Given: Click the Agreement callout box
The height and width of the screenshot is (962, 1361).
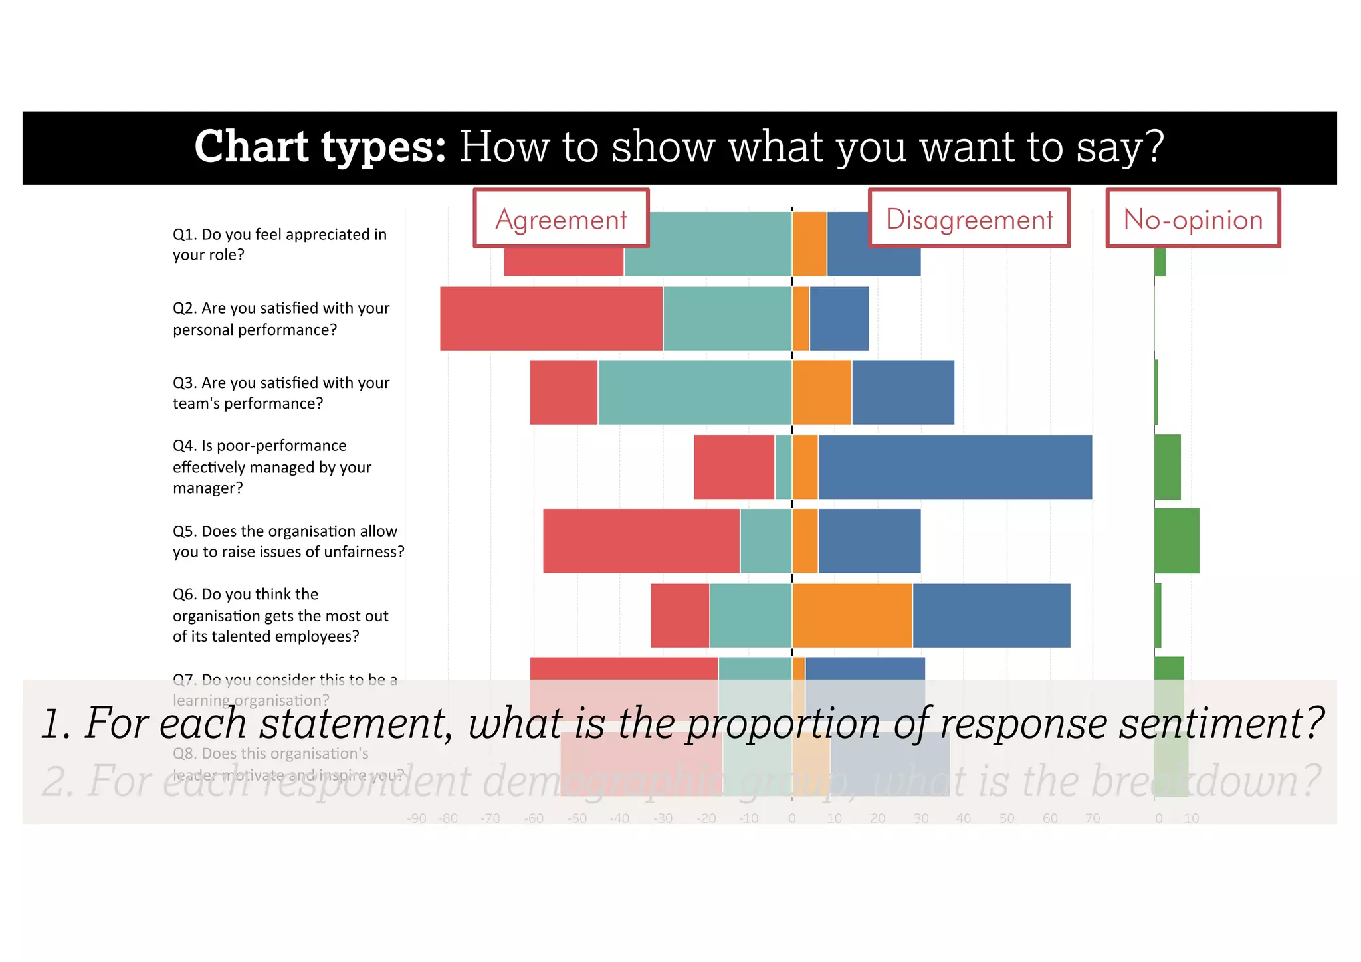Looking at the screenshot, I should [x=561, y=219].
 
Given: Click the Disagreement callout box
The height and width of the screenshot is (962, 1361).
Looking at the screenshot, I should [x=969, y=219].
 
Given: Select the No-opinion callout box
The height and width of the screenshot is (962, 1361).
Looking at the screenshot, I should [x=1193, y=219].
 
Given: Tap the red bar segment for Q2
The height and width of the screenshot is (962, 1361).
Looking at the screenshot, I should [x=551, y=319].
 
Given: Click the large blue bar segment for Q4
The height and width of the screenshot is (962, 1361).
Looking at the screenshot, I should [x=955, y=467].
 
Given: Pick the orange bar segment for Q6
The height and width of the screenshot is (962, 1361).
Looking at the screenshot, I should [x=852, y=615].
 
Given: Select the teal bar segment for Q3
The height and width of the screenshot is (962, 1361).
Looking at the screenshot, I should [x=694, y=393].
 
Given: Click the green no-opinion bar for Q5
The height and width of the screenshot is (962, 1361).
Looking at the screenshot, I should [x=1177, y=541].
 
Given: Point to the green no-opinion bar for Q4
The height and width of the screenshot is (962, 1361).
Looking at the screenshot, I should [x=1168, y=467].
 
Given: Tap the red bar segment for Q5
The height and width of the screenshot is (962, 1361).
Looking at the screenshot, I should [x=641, y=541].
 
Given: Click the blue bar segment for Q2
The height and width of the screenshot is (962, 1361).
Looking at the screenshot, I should [x=839, y=319].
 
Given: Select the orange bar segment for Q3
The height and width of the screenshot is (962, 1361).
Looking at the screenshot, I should [x=822, y=393].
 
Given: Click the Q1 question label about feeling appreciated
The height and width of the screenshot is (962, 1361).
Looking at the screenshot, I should [x=280, y=244].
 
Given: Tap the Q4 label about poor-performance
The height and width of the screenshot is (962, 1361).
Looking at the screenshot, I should [x=272, y=466].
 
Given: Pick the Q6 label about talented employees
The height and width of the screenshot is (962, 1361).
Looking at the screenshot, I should [x=280, y=615].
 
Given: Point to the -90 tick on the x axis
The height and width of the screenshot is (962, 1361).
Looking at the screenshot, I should [x=417, y=818].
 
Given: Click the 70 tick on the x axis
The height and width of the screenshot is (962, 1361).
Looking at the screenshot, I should [x=1093, y=818].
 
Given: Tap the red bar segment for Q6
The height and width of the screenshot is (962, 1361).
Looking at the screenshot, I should [x=680, y=615].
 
